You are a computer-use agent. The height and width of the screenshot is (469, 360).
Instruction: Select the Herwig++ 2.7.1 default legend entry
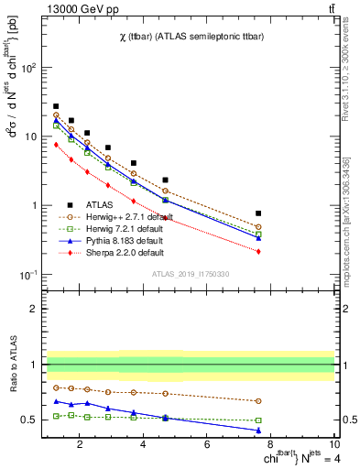(x=117, y=217)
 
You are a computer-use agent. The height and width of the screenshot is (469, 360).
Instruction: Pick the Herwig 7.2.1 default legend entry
(x=115, y=228)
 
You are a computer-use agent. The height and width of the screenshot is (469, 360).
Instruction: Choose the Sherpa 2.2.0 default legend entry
(x=115, y=252)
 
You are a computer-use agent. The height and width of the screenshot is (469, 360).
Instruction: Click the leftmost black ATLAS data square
(x=56, y=106)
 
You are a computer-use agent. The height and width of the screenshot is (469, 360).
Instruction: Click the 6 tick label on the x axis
(x=207, y=446)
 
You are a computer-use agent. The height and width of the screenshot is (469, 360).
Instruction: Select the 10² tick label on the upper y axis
(x=28, y=68)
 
